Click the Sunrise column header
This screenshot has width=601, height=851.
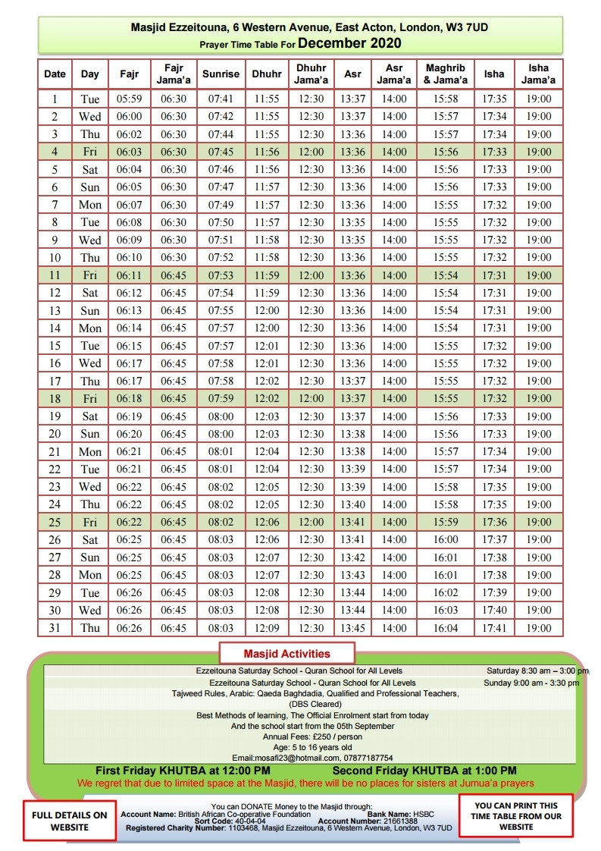(221, 74)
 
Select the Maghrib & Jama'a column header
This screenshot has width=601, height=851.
(445, 74)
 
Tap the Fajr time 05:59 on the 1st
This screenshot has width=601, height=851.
(129, 99)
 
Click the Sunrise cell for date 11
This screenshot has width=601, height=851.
(221, 275)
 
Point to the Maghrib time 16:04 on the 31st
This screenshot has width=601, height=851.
(445, 628)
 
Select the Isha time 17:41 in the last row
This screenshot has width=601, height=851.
(494, 628)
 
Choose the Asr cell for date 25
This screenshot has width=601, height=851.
(352, 523)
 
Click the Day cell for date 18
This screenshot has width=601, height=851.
(90, 399)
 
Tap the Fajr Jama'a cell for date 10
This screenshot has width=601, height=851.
(173, 258)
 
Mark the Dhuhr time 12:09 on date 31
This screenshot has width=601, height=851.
(267, 628)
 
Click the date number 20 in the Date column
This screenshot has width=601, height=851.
(55, 434)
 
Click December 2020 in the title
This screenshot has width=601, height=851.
(349, 43)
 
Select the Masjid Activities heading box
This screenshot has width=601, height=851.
(286, 653)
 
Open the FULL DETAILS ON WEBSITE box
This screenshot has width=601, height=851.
(70, 821)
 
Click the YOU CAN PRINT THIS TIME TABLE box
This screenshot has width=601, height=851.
(515, 816)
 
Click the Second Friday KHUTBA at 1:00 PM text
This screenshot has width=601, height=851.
(424, 771)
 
